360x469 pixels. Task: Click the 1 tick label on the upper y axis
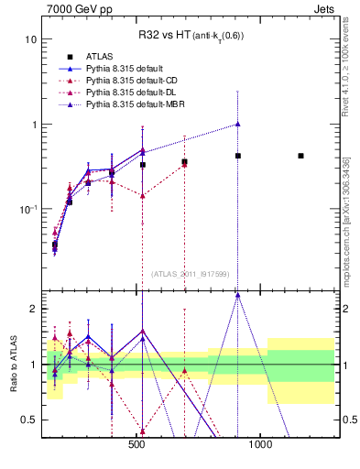coord(33,125)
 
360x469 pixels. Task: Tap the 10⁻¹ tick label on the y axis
coord(27,209)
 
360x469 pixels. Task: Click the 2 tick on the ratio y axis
coord(33,309)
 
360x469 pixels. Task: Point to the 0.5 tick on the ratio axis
coord(28,420)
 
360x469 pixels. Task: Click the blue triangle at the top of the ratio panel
coord(237,295)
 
